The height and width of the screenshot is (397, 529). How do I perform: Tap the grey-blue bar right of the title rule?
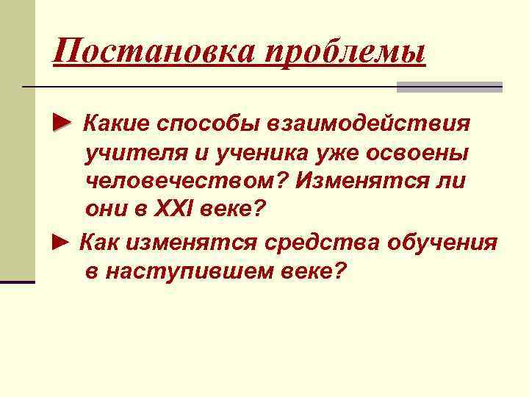click(449, 87)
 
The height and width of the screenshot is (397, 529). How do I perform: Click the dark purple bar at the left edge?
click(18, 282)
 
